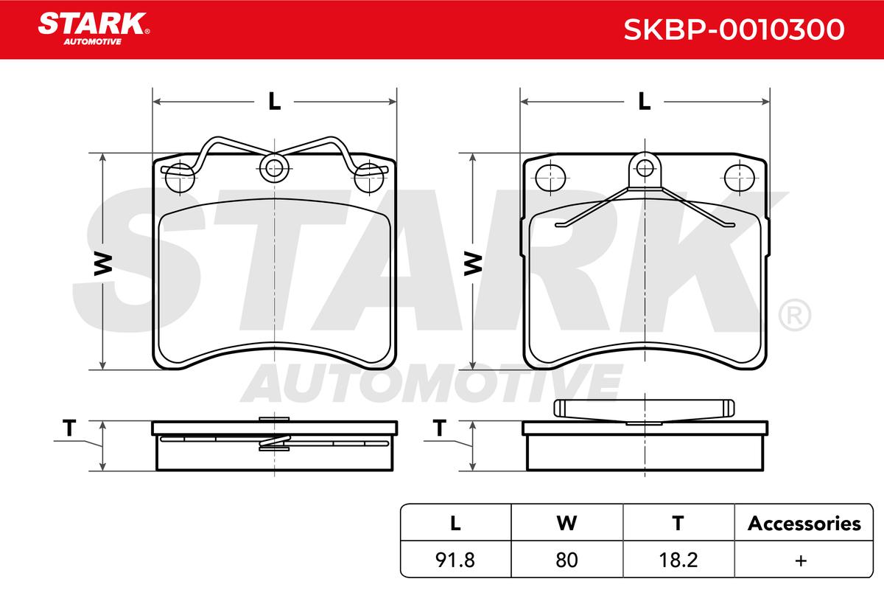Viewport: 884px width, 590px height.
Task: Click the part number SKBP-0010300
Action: click(x=734, y=29)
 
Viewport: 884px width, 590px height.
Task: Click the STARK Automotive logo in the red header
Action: click(x=94, y=29)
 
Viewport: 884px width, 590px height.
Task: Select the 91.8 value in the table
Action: click(x=455, y=560)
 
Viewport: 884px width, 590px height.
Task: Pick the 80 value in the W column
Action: click(x=566, y=560)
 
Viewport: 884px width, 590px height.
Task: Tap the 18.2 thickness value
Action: click(x=678, y=560)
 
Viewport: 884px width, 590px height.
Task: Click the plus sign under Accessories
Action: click(x=801, y=560)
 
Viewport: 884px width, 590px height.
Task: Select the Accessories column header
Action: click(x=804, y=523)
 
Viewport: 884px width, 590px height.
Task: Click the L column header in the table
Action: click(x=455, y=523)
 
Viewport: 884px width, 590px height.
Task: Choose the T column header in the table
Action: click(x=678, y=523)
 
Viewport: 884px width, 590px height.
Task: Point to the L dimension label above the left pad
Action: click(x=274, y=101)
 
